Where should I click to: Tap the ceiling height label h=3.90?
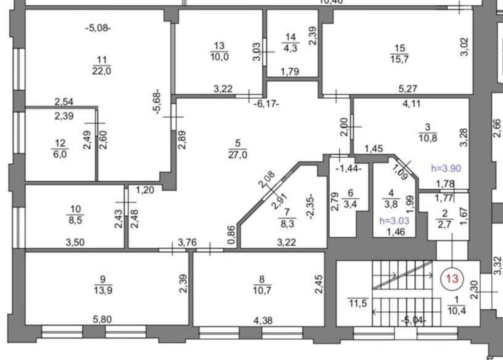click(446, 168)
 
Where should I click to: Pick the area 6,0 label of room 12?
click(58, 154)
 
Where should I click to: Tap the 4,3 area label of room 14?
click(290, 48)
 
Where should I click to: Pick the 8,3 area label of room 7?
click(289, 223)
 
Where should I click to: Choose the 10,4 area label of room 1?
click(456, 311)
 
